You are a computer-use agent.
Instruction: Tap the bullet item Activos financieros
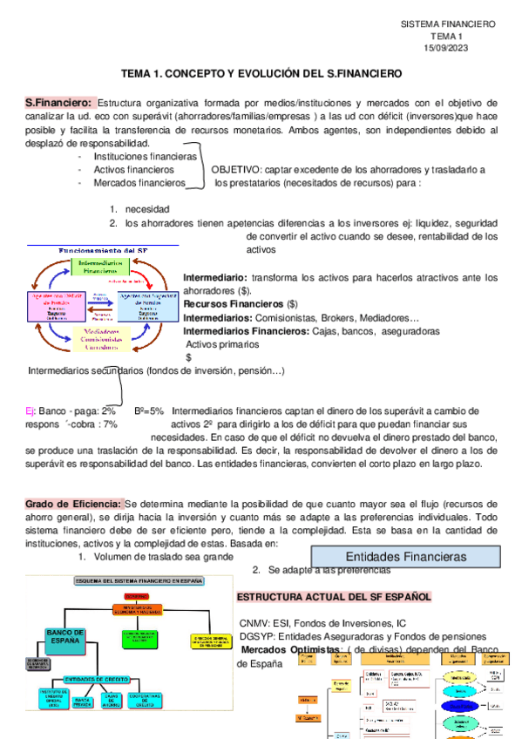133,169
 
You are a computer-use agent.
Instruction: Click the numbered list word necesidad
147,209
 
